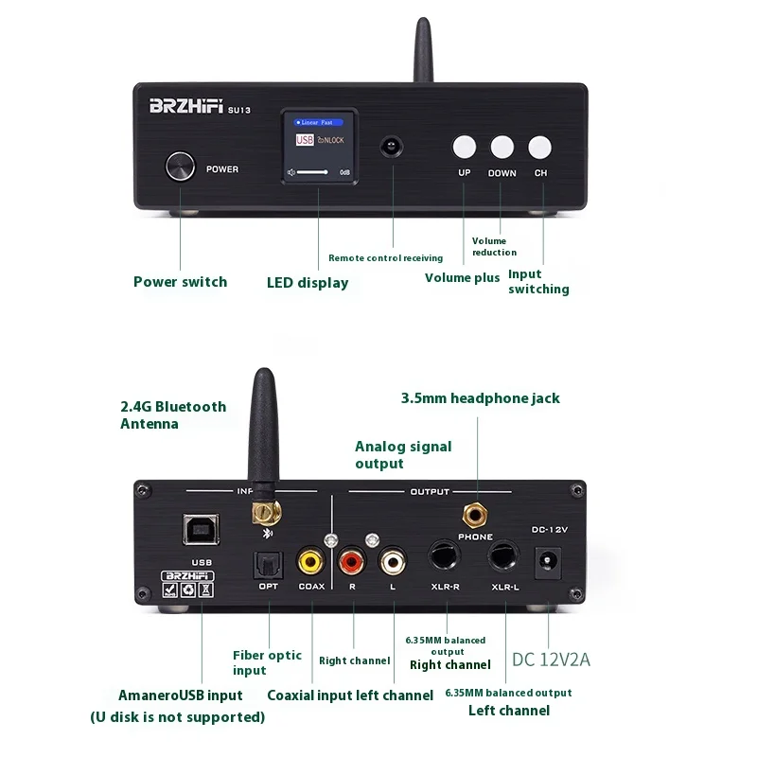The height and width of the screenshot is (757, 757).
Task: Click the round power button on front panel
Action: tap(180, 167)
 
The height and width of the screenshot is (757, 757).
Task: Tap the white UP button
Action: tap(464, 147)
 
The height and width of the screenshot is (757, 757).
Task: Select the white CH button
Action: tap(539, 147)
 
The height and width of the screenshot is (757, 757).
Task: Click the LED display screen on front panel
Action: tap(318, 147)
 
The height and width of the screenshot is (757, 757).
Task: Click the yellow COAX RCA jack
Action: tap(311, 562)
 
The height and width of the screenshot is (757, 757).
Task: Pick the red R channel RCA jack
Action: tap(352, 562)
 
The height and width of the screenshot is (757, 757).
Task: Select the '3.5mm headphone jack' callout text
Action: tap(481, 398)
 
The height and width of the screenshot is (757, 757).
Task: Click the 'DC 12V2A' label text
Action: tap(551, 660)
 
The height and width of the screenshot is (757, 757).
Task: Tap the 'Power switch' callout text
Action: tap(180, 282)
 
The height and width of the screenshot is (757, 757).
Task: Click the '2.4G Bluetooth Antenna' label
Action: tap(173, 414)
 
